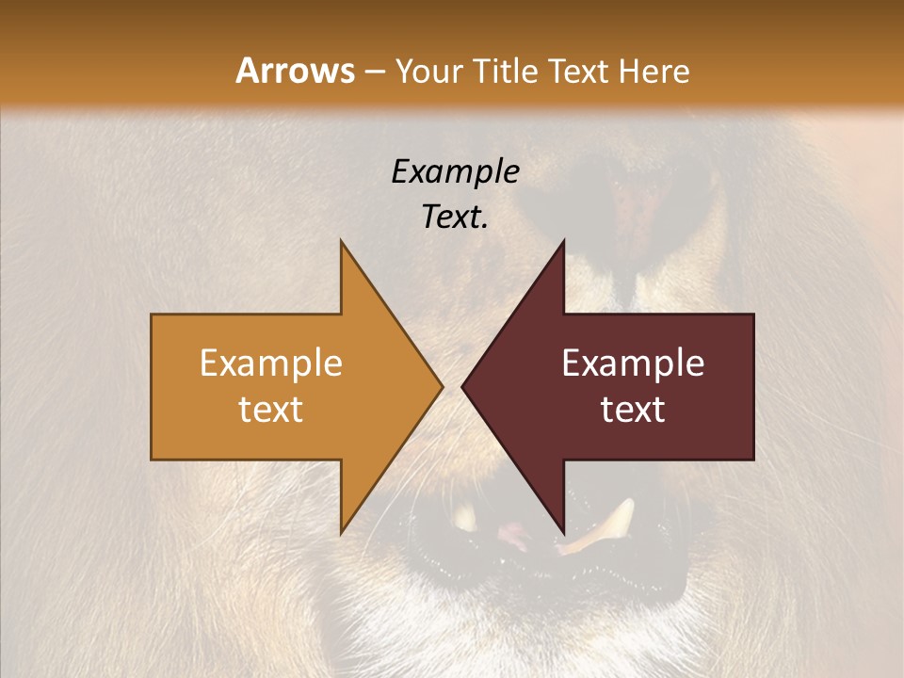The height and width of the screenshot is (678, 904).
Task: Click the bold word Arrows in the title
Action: pyautogui.click(x=296, y=71)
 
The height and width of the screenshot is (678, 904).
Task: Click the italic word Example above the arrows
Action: pyautogui.click(x=455, y=172)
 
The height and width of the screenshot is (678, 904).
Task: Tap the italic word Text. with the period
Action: pyautogui.click(x=455, y=217)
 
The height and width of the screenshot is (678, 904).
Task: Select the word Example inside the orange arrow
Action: pyautogui.click(x=271, y=363)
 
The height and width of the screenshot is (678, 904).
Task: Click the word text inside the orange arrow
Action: pyautogui.click(x=271, y=410)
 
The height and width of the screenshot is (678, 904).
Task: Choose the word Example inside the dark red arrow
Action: pyautogui.click(x=633, y=363)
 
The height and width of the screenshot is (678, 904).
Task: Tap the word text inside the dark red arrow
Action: pyautogui.click(x=633, y=410)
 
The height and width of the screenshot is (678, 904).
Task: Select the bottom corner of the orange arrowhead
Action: pyautogui.click(x=342, y=532)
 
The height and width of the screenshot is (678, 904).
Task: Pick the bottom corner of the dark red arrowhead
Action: pyautogui.click(x=562, y=532)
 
